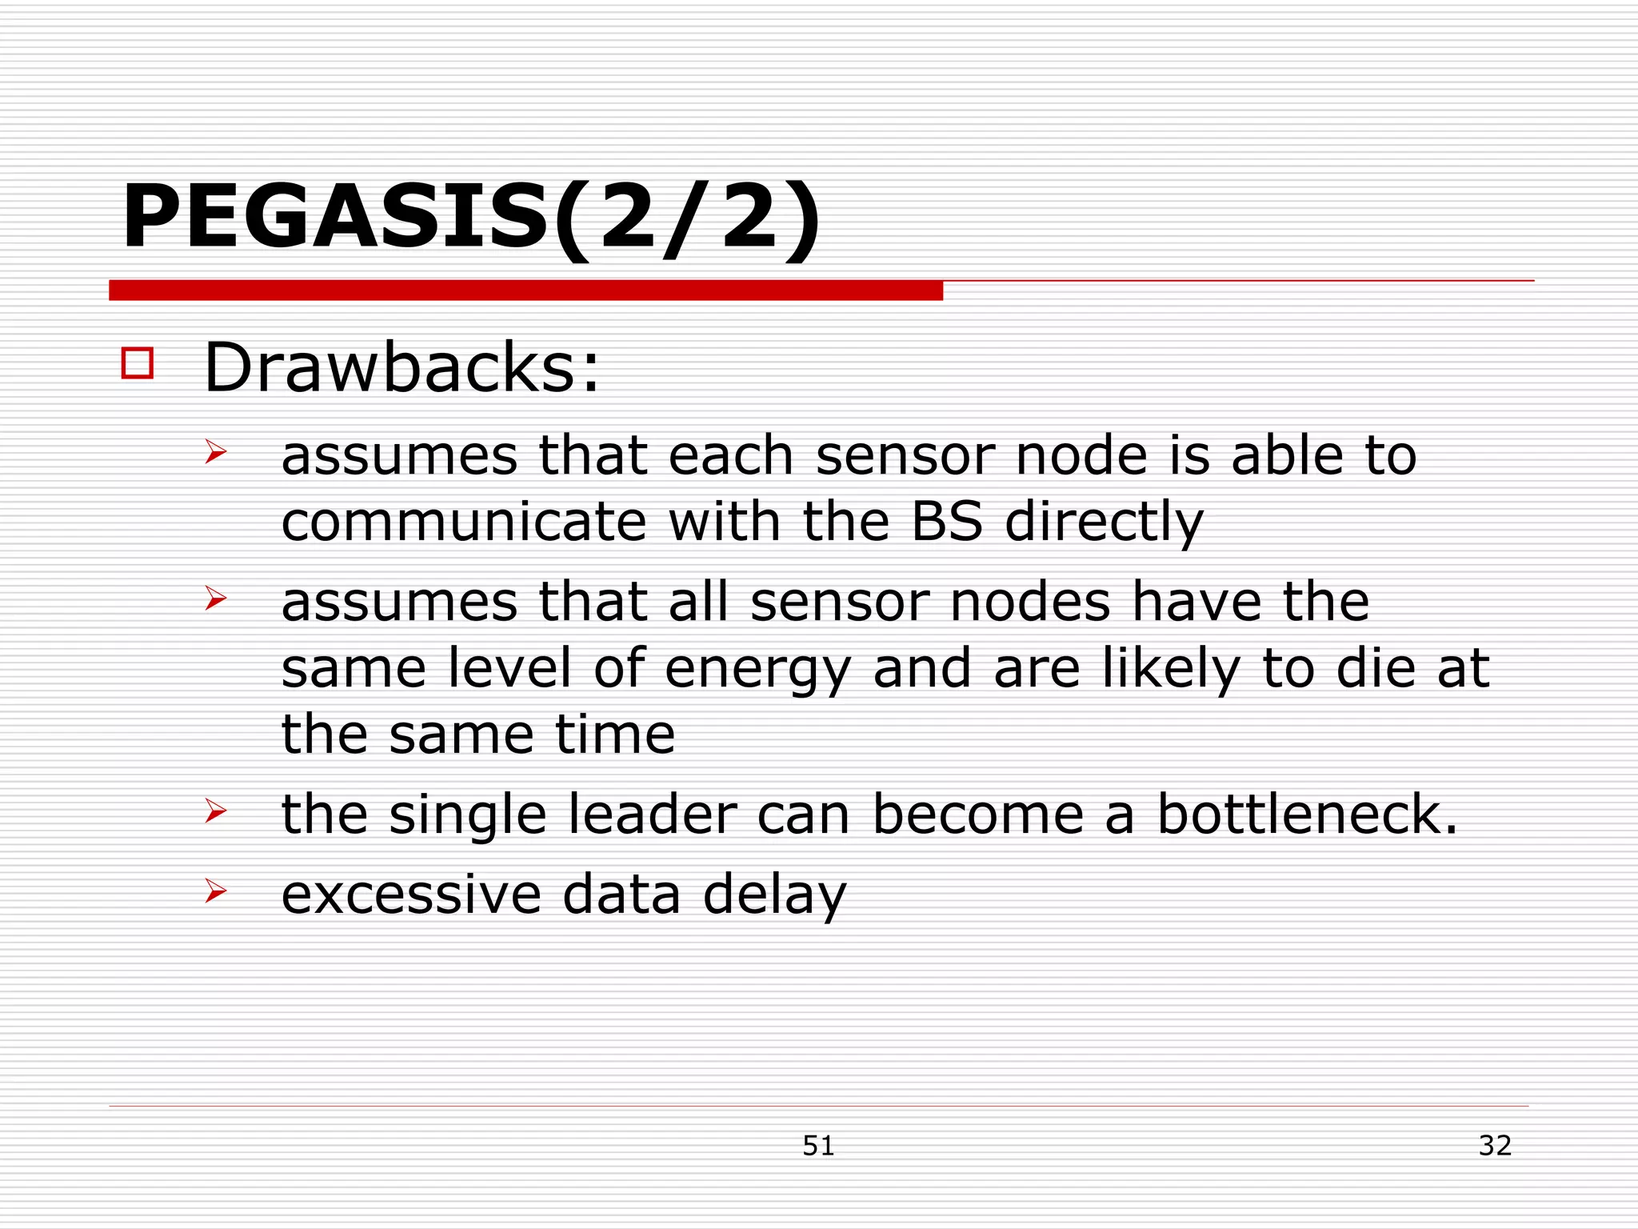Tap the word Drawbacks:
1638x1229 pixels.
point(402,368)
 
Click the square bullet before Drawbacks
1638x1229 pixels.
point(137,362)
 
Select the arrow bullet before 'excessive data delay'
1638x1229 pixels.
point(215,890)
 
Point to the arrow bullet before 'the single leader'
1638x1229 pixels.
point(215,811)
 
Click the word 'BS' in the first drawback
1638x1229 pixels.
point(946,521)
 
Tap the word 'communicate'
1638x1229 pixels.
point(463,522)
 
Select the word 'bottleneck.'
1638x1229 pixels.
point(1308,815)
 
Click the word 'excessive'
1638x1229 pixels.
point(411,895)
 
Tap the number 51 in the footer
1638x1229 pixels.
point(818,1146)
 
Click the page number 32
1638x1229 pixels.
point(1495,1145)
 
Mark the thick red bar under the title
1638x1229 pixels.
point(525,290)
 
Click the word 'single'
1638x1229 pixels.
point(467,816)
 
